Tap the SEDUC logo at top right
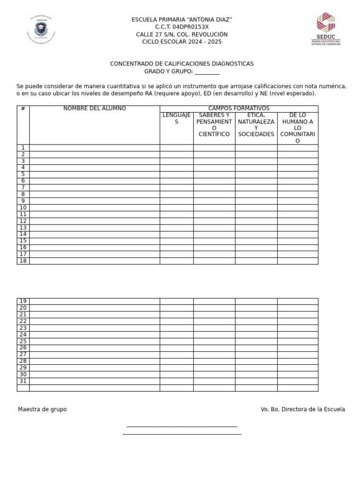(326, 31)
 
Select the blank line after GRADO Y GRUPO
(207, 72)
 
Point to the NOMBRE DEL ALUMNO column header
(94, 108)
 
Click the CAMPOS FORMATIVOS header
(239, 108)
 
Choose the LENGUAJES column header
(176, 118)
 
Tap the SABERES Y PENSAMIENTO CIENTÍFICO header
(214, 125)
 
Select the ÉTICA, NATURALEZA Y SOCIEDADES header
(256, 125)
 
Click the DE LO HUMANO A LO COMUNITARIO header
(298, 128)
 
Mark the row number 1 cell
(23, 148)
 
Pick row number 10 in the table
(23, 207)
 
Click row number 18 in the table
(23, 260)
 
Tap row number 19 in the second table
(23, 301)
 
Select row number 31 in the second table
(23, 381)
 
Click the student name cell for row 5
(94, 174)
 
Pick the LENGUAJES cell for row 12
(176, 221)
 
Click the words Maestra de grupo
(42, 409)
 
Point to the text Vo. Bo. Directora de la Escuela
(303, 409)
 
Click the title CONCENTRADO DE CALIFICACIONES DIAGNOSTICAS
(182, 63)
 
